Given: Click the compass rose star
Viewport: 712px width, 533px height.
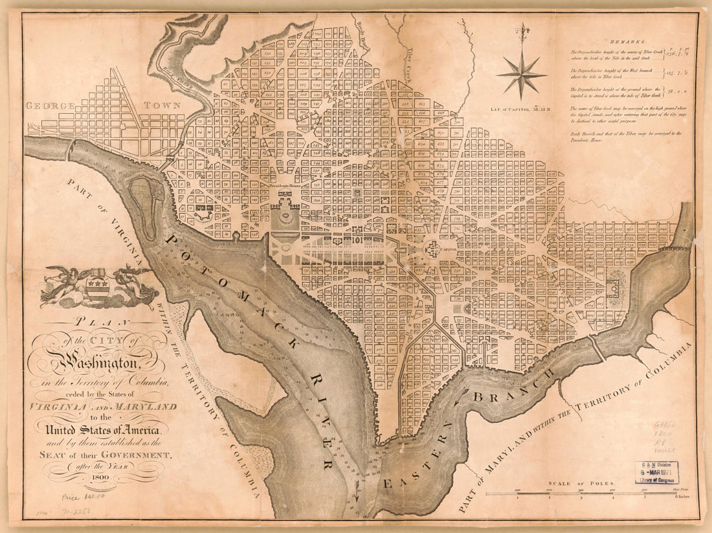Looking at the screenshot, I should [x=522, y=74].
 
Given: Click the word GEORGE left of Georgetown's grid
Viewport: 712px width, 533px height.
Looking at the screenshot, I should [x=51, y=106].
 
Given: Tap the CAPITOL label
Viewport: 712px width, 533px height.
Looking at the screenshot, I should [x=448, y=249].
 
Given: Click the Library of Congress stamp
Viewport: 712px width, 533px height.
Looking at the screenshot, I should [x=657, y=473].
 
